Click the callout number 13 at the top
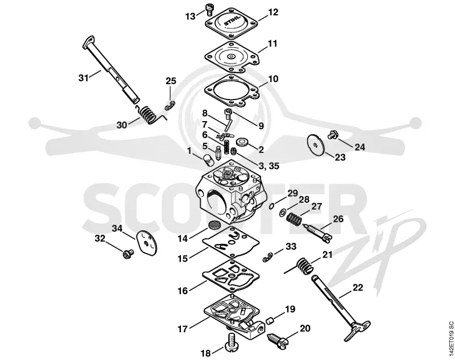point(191,16)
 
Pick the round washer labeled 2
point(241,142)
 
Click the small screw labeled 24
point(333,135)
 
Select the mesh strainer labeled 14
point(214,225)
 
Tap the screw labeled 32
point(127,254)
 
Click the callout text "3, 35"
point(268,166)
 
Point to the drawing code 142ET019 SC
point(450,337)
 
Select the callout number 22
point(358,287)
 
